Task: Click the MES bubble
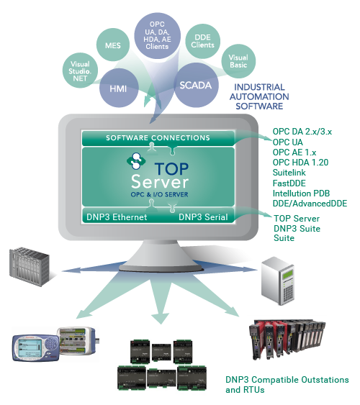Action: coord(113,45)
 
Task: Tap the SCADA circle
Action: coord(196,85)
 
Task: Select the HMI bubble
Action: coord(119,88)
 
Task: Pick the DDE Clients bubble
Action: coord(203,41)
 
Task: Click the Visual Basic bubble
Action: coord(238,61)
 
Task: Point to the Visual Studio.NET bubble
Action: coord(80,70)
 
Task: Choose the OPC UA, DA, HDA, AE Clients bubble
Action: coord(158,35)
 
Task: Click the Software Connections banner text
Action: coord(158,137)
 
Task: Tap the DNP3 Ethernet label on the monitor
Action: coord(117,217)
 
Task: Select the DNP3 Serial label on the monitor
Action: coord(203,217)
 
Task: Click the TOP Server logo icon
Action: coord(136,161)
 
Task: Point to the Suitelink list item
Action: coord(289,173)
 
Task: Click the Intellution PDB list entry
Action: coord(302,194)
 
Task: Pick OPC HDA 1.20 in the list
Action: coord(300,163)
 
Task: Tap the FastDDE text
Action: coord(289,183)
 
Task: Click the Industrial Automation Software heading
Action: coord(259,96)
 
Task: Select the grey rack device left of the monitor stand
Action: coord(30,267)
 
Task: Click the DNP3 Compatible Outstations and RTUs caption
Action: coord(287,385)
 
